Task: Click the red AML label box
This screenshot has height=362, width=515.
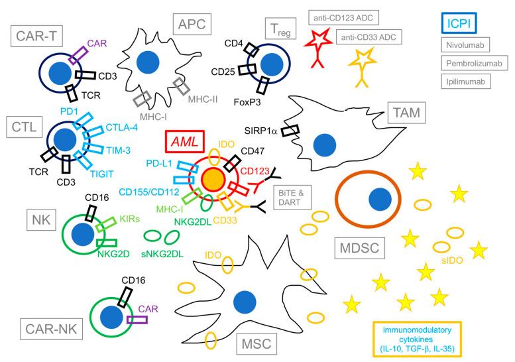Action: coord(184,142)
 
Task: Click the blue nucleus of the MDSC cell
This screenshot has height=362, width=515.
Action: coord(380,199)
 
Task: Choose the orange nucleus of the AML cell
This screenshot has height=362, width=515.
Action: coord(211,178)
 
